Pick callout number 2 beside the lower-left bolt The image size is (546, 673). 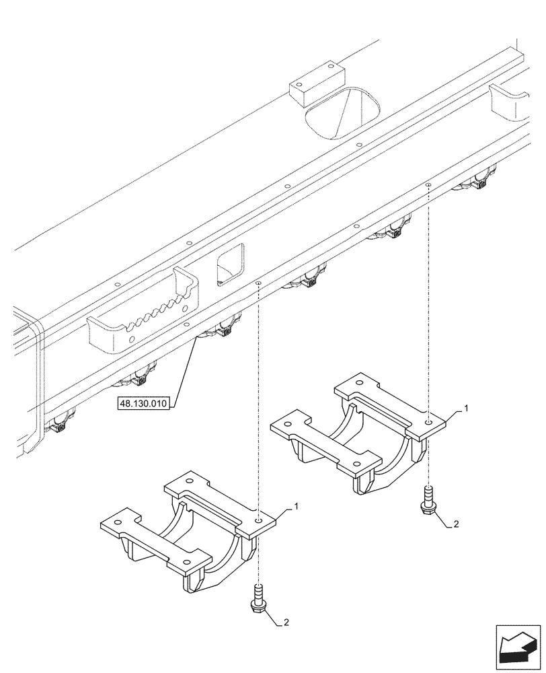tap(287, 623)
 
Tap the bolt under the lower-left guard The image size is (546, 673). tap(258, 598)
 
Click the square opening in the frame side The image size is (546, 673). tap(230, 263)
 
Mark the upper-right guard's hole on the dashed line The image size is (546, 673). tap(429, 423)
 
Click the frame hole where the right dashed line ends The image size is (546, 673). tap(428, 184)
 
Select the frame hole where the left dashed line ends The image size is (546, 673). tap(258, 285)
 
